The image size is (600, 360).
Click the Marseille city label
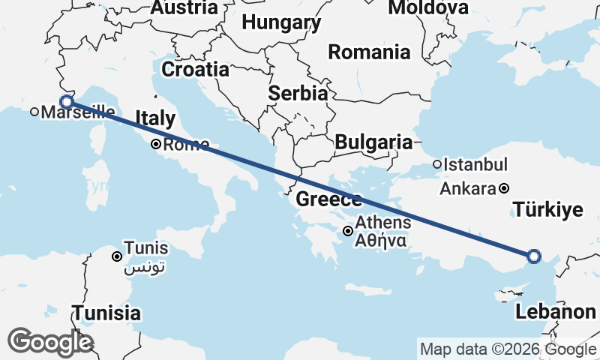(78, 112)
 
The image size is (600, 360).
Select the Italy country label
(154, 118)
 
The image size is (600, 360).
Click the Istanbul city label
(475, 164)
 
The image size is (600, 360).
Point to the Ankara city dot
(505, 188)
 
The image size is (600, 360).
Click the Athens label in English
(382, 223)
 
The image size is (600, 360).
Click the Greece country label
(329, 199)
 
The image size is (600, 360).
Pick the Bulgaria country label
(373, 142)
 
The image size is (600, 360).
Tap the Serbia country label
(298, 94)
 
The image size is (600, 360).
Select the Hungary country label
(281, 23)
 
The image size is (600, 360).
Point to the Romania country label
(369, 52)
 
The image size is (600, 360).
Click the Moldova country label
(428, 8)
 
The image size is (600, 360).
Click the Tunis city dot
(117, 256)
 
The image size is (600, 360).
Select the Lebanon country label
(556, 312)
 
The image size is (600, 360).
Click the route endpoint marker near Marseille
(66, 101)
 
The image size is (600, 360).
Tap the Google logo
(49, 342)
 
